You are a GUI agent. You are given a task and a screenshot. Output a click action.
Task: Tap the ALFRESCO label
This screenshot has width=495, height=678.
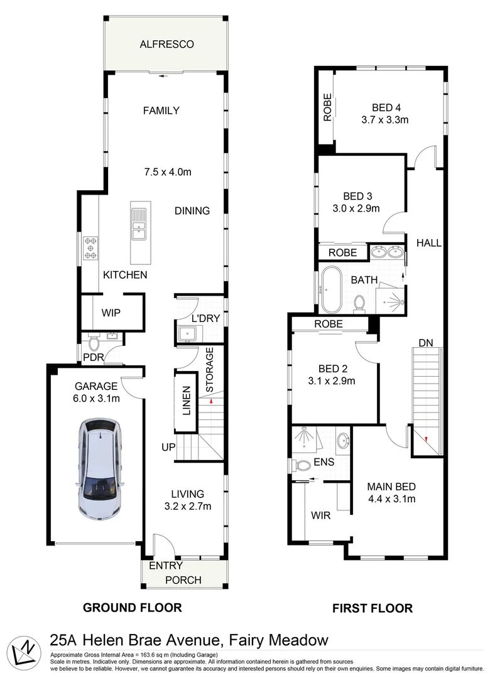pyautogui.click(x=166, y=45)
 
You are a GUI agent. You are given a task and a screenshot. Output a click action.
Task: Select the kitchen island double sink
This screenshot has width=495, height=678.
pyautogui.click(x=139, y=223)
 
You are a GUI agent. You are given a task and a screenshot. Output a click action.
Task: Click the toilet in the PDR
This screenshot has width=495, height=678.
pyautogui.click(x=95, y=344)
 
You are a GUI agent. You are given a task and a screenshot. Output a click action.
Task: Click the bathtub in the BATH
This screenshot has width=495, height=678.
pyautogui.click(x=330, y=290)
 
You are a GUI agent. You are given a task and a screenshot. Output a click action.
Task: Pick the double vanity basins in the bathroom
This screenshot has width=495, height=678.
pyautogui.click(x=387, y=253)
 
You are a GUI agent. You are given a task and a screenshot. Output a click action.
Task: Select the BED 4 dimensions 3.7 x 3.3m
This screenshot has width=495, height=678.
pyautogui.click(x=385, y=119)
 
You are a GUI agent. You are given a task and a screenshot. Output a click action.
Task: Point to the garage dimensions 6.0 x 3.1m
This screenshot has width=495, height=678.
pyautogui.click(x=97, y=398)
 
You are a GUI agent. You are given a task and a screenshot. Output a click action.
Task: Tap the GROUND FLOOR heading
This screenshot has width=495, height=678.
pyautogui.click(x=133, y=607)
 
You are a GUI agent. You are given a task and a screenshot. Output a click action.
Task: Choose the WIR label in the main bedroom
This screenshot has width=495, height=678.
pyautogui.click(x=321, y=515)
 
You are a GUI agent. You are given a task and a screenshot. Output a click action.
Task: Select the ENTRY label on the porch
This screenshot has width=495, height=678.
pyautogui.click(x=166, y=566)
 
